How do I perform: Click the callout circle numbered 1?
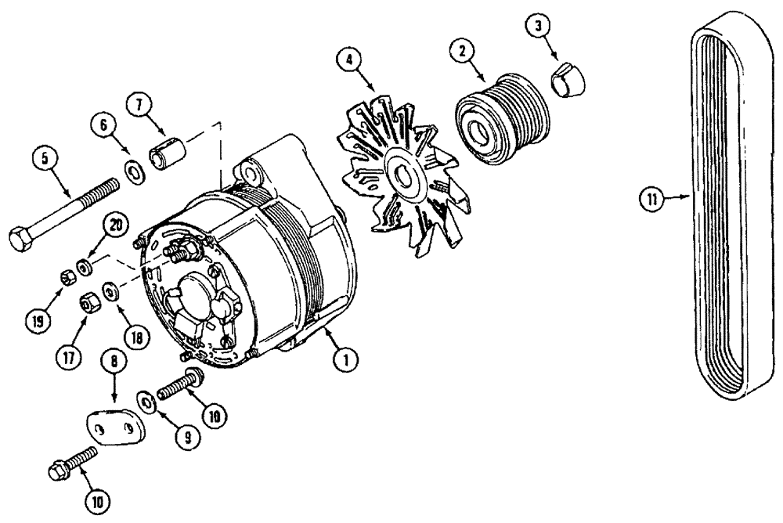344,360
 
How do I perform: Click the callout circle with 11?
651,200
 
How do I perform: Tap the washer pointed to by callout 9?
146,401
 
